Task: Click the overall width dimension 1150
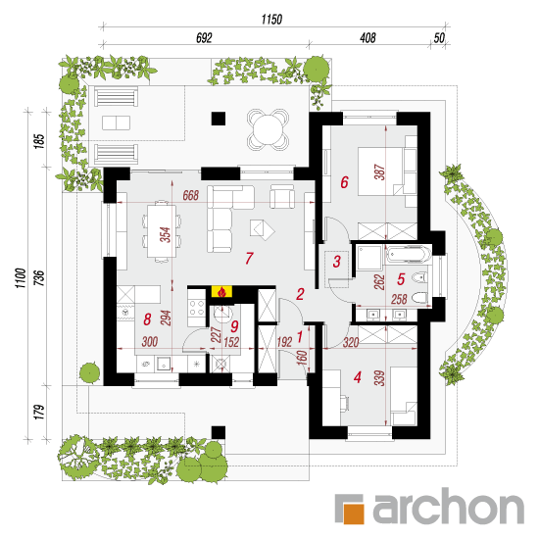pos(271,20)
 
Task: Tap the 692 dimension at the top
pos(204,38)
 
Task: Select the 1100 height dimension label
pos(21,278)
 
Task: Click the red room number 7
pos(249,258)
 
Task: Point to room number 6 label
pos(344,182)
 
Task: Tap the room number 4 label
pos(358,377)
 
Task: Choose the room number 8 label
pos(147,319)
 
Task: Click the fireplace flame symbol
pos(222,292)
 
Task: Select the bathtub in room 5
pos(409,255)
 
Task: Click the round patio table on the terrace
pos(268,129)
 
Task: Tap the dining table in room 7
pos(162,231)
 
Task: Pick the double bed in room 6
pos(381,171)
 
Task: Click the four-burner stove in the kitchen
pos(197,308)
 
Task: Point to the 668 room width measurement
pos(191,195)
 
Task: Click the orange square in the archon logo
pos(354,514)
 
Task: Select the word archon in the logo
pos(448,506)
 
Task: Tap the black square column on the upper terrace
pos(219,119)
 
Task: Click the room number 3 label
pos(337,262)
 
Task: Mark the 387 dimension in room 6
pos(380,171)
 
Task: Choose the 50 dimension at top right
pos(439,38)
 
